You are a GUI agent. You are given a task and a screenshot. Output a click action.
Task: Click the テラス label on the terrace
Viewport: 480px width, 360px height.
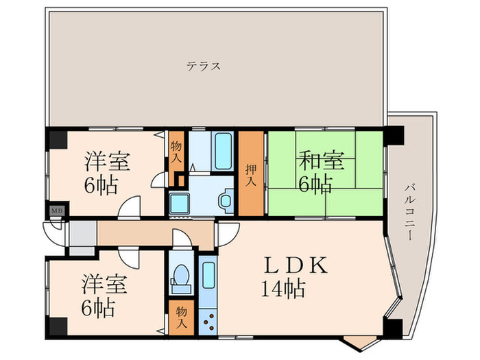pos(204,67)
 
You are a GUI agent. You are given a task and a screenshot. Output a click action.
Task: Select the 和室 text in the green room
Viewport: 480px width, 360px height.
pos(321,163)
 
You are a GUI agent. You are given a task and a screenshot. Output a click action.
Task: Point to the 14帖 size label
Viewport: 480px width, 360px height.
pos(283,289)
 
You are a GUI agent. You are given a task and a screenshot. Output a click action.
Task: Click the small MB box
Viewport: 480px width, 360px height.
pos(54,211)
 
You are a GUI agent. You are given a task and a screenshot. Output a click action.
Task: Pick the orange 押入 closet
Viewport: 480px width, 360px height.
pos(251,171)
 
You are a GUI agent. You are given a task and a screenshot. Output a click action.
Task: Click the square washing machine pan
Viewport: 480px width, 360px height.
pos(180,203)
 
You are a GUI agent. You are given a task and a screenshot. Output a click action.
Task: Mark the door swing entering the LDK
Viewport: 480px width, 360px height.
pos(226,233)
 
